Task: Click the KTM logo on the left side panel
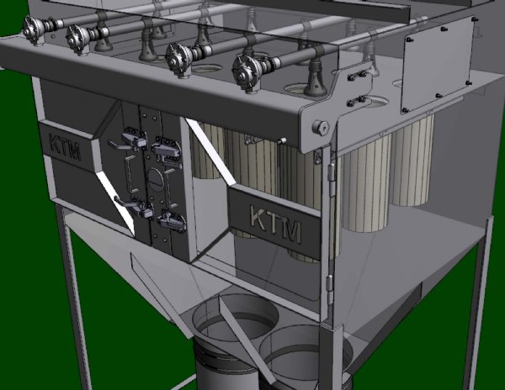[65, 147]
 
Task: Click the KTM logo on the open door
[276, 223]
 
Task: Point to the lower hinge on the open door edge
[329, 290]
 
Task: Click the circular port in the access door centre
[156, 177]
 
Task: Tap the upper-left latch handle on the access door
[129, 141]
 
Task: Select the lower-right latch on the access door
[172, 220]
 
